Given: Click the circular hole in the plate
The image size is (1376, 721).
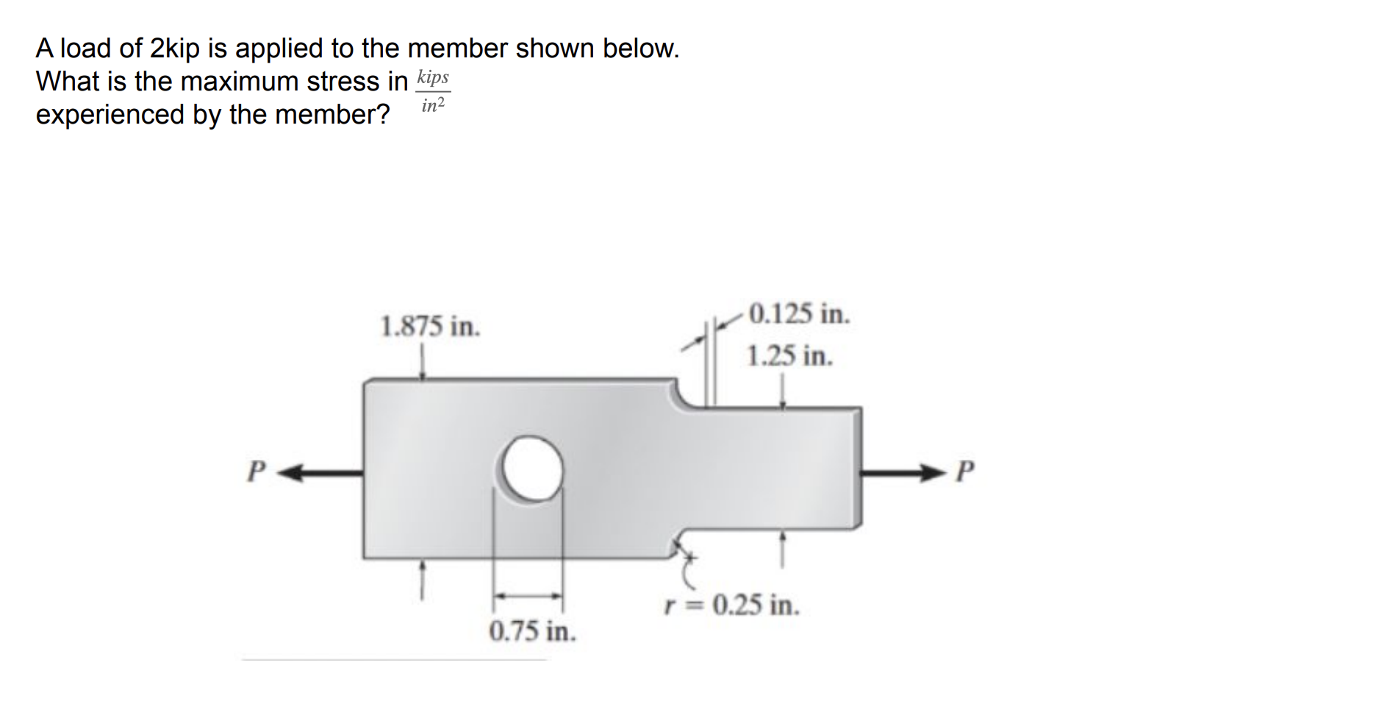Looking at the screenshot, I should (x=533, y=469).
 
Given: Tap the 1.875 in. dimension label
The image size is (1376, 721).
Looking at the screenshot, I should (x=430, y=326).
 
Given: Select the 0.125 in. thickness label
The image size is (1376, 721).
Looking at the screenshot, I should (x=799, y=314).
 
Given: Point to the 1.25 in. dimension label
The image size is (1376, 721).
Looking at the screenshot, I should (x=789, y=356).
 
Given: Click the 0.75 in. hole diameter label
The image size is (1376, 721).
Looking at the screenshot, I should (x=533, y=631).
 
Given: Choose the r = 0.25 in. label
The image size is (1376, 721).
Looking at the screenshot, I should (x=731, y=605).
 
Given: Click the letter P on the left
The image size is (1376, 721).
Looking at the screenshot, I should (x=255, y=472).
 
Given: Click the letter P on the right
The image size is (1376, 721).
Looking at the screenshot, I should (x=966, y=470).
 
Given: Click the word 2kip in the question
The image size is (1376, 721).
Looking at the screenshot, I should (x=174, y=49).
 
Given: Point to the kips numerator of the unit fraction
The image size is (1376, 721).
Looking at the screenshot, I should (x=432, y=77).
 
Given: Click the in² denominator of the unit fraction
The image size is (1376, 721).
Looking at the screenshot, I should (x=433, y=106).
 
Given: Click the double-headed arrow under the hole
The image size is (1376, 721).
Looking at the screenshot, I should (x=527, y=596).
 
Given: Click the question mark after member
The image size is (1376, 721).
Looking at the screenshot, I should (x=382, y=115).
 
